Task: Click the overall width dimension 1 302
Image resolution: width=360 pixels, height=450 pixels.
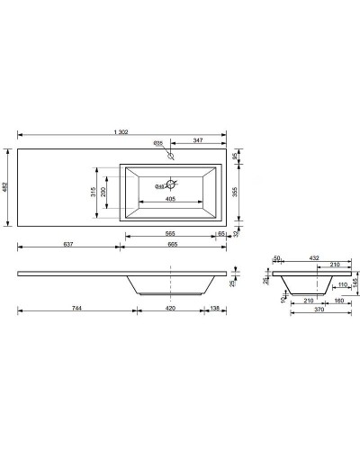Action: [121, 133]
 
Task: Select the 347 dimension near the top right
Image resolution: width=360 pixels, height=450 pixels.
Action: [197, 142]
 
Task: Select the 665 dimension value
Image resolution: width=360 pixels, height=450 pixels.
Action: [171, 244]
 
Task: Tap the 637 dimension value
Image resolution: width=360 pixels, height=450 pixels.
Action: [67, 244]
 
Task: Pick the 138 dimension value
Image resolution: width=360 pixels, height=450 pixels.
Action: [216, 309]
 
